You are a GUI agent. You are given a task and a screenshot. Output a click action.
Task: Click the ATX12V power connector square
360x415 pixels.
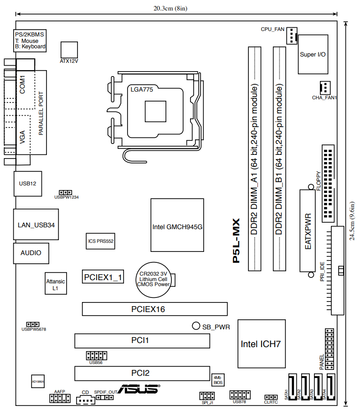[x=69, y=50]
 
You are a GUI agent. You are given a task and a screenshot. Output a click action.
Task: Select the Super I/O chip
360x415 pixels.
[x=313, y=54]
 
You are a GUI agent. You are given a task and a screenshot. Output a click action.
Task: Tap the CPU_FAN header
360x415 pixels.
[x=292, y=36]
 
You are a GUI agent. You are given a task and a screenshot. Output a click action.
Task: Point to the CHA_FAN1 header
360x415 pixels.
[x=325, y=87]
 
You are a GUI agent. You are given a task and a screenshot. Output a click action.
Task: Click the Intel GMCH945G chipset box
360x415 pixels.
[x=177, y=225]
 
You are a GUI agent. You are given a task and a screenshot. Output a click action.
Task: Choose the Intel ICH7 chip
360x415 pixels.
[x=262, y=344]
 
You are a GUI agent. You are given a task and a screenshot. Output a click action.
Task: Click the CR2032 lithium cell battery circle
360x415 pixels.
[x=154, y=280]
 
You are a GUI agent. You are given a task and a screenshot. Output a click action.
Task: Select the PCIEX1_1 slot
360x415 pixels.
[x=103, y=277]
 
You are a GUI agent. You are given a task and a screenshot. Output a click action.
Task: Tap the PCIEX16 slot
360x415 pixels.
[x=154, y=309]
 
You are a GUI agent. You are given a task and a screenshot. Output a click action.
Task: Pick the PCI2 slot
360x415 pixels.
[x=142, y=374]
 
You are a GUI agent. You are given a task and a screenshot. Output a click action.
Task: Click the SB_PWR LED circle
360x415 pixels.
[x=196, y=326]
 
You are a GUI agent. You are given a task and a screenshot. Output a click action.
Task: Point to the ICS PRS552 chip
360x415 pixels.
[x=100, y=241]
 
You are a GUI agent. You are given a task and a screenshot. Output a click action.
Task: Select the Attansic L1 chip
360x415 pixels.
[x=56, y=283]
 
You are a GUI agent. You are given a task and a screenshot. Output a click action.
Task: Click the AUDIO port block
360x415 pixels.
[x=31, y=253]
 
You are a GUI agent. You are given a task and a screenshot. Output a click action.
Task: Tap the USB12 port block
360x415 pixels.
[x=27, y=184]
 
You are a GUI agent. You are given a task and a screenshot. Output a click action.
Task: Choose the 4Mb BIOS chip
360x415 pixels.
[x=218, y=380]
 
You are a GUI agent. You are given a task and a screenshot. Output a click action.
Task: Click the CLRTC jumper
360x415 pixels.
[x=271, y=397]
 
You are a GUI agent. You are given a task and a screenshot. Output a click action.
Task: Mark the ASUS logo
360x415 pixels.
[x=139, y=389]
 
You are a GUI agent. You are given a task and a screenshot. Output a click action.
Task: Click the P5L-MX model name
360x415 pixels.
[x=236, y=241]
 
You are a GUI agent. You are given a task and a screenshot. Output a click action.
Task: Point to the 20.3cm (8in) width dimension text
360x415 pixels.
[x=170, y=8]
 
